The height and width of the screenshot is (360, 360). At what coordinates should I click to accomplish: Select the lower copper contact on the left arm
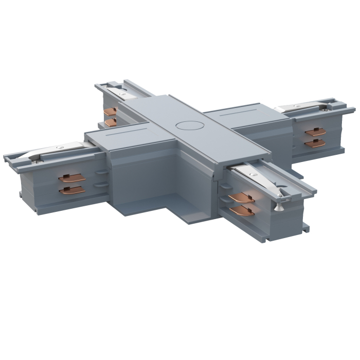tap(71, 190)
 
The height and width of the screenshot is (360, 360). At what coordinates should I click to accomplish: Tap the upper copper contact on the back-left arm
tap(110, 112)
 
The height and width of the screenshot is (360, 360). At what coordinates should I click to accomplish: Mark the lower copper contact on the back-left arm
tap(110, 121)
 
